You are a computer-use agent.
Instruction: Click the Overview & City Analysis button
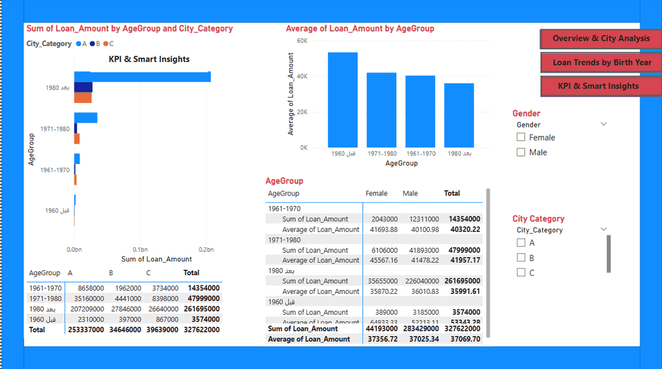click(601, 38)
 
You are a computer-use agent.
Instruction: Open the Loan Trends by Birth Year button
click(601, 63)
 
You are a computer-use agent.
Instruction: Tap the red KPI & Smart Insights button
click(598, 86)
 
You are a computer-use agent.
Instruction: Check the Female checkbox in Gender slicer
click(521, 137)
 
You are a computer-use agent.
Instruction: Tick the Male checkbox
click(521, 152)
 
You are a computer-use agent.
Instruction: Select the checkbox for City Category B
click(521, 258)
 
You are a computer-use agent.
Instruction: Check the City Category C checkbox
click(521, 273)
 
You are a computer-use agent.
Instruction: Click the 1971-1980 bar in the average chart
click(381, 109)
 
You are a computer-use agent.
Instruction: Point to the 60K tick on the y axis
click(302, 41)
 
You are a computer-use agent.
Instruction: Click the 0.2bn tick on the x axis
click(206, 249)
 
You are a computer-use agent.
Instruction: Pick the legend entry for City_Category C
click(108, 44)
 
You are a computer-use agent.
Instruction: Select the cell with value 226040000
click(422, 281)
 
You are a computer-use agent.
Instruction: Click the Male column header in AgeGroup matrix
click(411, 194)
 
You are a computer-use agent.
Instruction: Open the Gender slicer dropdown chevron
click(604, 124)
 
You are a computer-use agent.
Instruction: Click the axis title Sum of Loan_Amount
click(156, 259)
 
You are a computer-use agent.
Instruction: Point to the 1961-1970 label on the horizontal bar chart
click(54, 170)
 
